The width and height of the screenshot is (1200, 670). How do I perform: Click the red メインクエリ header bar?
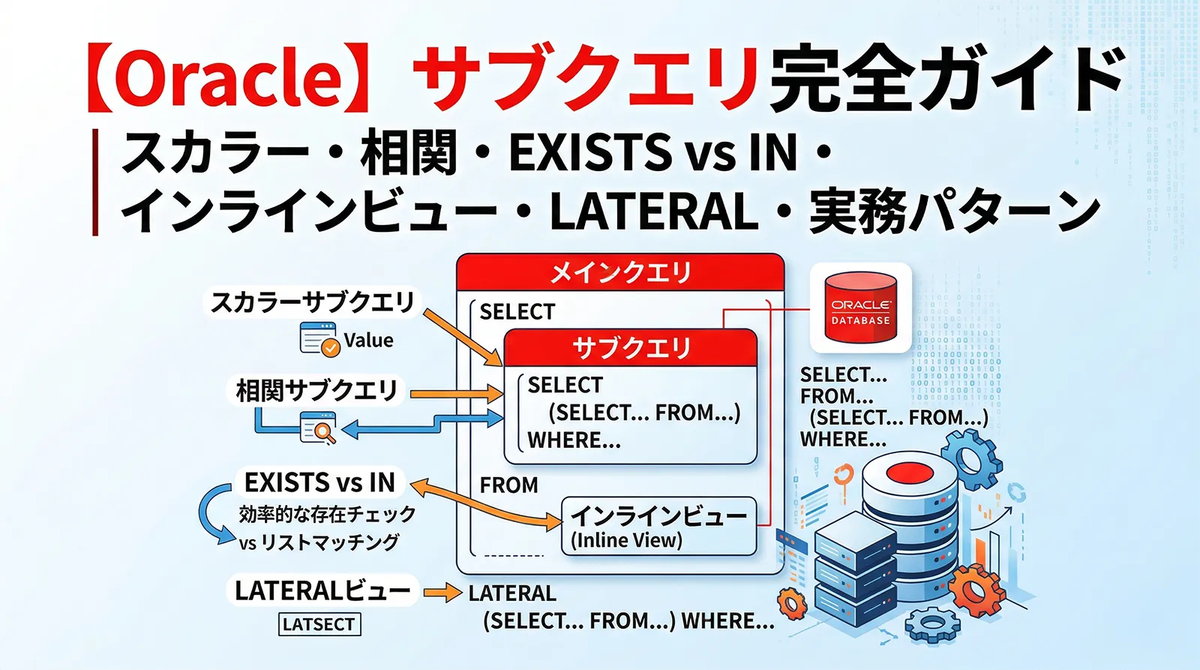pyautogui.click(x=620, y=272)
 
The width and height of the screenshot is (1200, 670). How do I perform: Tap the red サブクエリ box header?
pyautogui.click(x=631, y=347)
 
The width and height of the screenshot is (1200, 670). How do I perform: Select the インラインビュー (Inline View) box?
pyautogui.click(x=658, y=526)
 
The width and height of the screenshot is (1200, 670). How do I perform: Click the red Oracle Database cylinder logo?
pyautogui.click(x=860, y=308)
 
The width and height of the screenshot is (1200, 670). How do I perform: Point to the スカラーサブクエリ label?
pyautogui.click(x=312, y=302)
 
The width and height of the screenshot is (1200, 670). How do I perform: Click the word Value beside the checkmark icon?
pyautogui.click(x=368, y=341)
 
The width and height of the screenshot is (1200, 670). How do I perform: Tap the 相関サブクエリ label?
pyautogui.click(x=316, y=391)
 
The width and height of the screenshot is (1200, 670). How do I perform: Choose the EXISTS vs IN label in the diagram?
pyautogui.click(x=319, y=482)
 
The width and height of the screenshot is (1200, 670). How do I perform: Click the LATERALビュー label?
pyautogui.click(x=322, y=591)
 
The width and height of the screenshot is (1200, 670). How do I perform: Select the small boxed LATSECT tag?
pyautogui.click(x=319, y=624)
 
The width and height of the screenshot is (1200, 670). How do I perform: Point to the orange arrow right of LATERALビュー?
pyautogui.click(x=442, y=593)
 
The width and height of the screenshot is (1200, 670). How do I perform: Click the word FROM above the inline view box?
pyautogui.click(x=508, y=485)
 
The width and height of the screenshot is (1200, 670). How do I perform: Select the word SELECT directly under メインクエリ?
pyautogui.click(x=517, y=311)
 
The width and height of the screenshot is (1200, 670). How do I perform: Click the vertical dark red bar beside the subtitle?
pyautogui.click(x=95, y=182)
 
